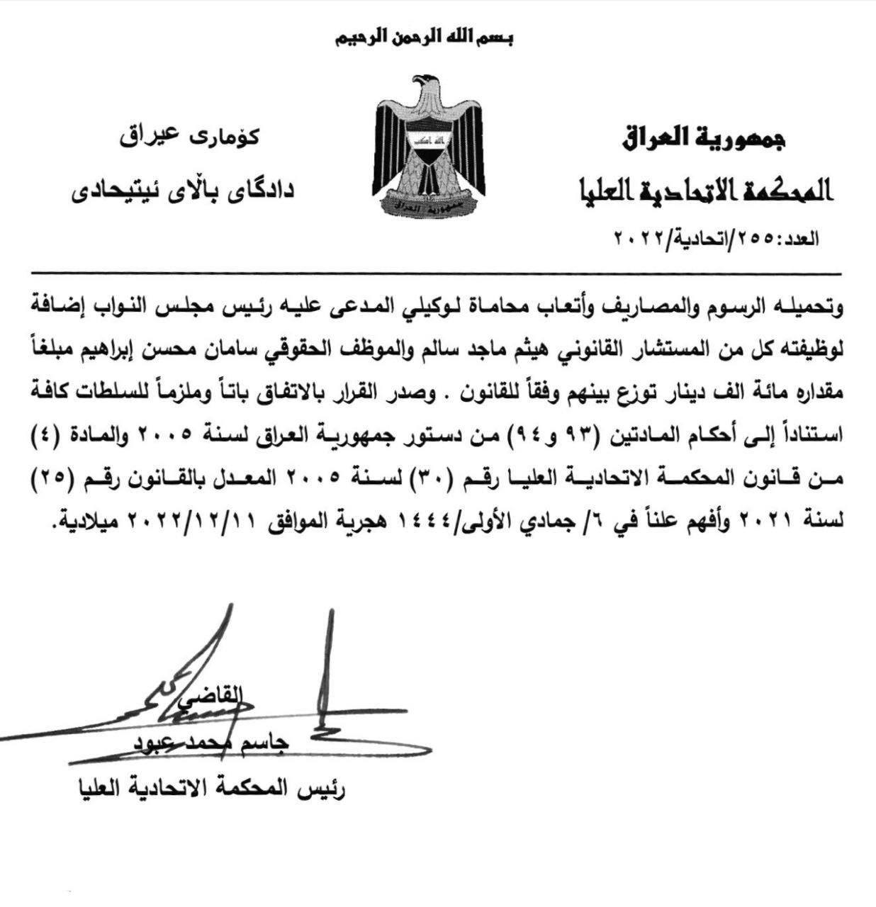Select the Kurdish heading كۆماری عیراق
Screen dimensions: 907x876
189,135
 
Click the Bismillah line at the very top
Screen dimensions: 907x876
424,36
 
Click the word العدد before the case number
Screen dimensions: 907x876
797,239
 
